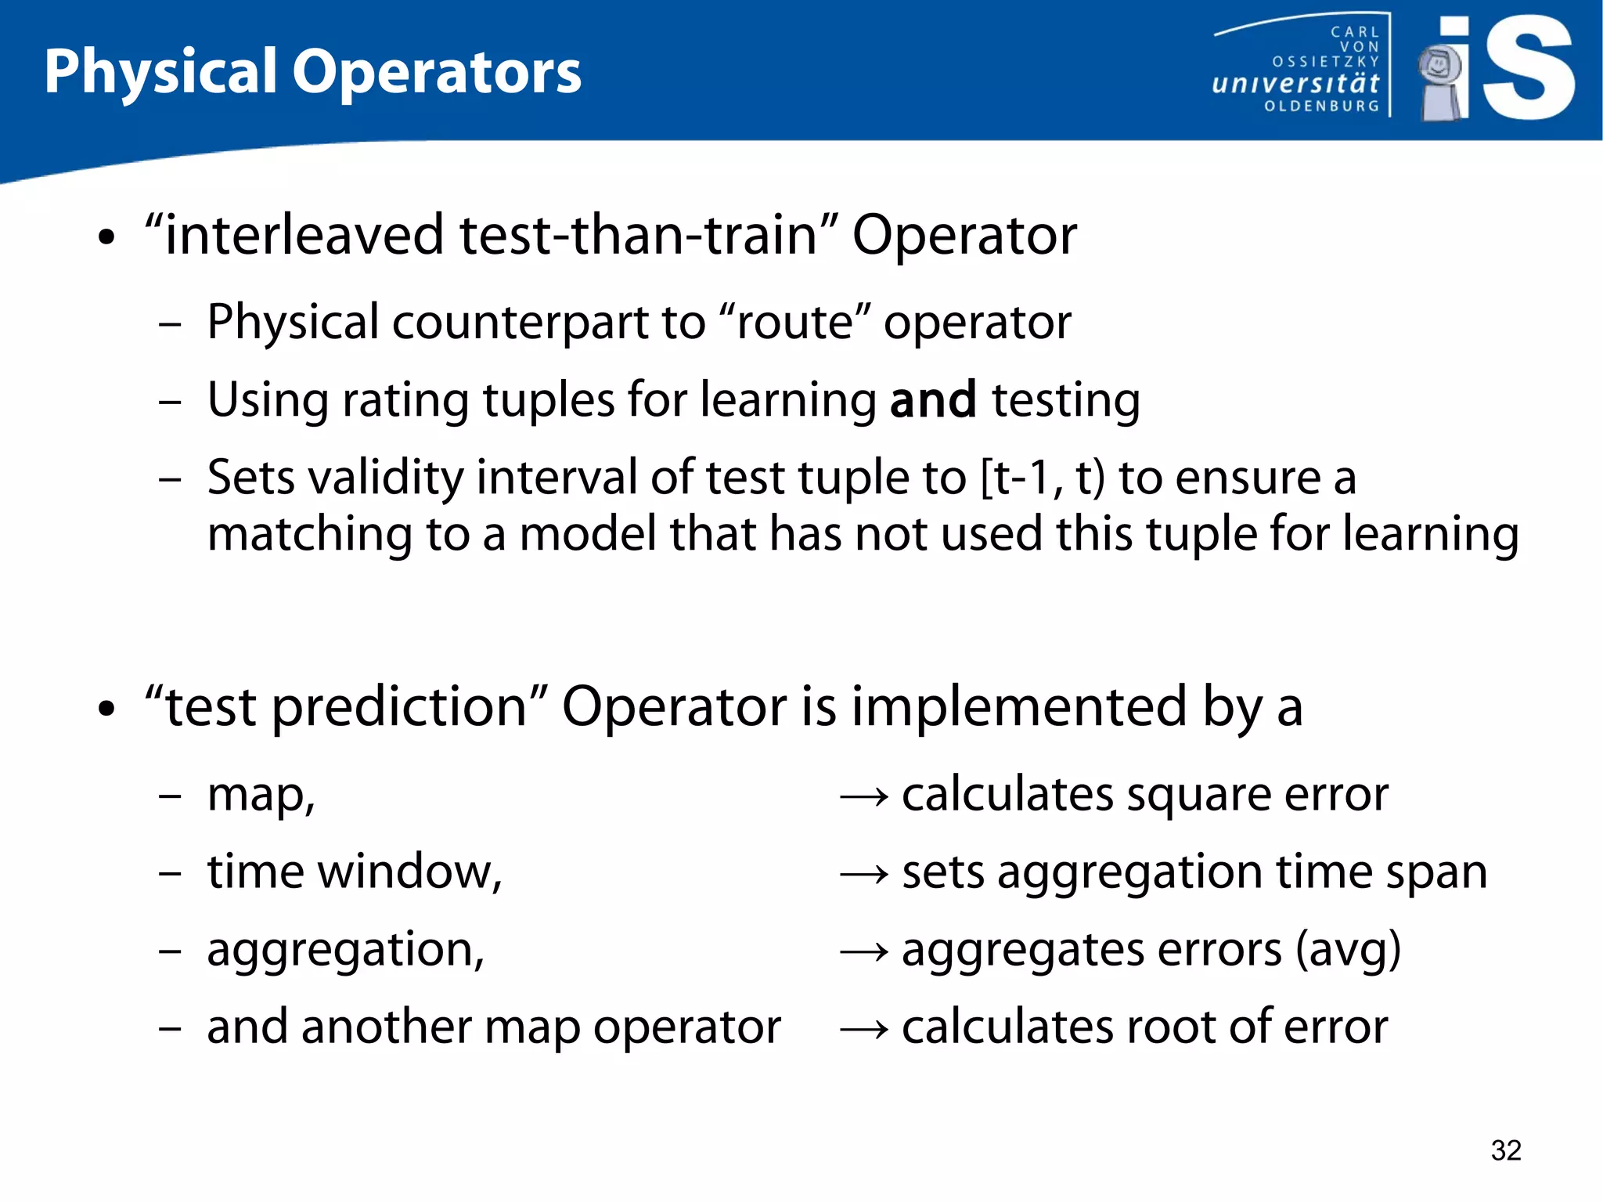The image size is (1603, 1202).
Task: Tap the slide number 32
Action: coord(1505,1150)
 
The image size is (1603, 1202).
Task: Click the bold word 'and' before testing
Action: coord(933,400)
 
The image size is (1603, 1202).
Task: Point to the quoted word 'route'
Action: coord(794,322)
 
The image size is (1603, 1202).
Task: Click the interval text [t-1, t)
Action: coord(1042,478)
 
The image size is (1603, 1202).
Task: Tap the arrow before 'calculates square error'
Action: coord(863,797)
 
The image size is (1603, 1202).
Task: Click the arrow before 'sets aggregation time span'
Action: coord(863,875)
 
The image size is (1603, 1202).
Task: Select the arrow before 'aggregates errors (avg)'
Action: coord(863,952)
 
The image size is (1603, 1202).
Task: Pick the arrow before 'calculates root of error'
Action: coord(863,1030)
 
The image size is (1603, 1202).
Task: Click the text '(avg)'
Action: coord(1347,950)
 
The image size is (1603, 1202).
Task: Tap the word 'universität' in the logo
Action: coord(1295,83)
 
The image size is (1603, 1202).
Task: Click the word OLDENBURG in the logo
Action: coord(1321,106)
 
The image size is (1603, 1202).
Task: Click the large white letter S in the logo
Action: coord(1528,69)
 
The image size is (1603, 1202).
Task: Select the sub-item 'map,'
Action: coord(261,796)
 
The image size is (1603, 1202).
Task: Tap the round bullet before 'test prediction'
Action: coord(106,709)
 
